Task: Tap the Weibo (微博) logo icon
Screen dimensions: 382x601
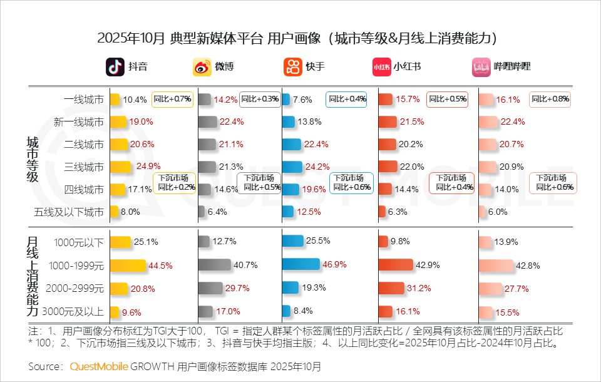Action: tap(202, 66)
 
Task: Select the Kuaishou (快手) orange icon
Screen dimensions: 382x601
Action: tap(293, 66)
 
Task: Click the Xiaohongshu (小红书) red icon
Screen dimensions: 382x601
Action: tap(381, 66)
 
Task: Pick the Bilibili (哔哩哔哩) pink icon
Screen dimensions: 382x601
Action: tap(481, 66)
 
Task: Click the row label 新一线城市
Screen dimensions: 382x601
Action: tap(79, 121)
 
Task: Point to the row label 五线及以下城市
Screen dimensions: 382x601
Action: tap(69, 212)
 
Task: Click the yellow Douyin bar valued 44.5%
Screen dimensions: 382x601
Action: tap(127, 265)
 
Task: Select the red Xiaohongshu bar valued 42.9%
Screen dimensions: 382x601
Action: tap(396, 265)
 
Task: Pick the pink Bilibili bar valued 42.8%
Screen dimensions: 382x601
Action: tap(496, 265)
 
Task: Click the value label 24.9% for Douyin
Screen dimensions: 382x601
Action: tap(148, 166)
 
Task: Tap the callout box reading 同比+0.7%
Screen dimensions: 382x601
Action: tap(173, 99)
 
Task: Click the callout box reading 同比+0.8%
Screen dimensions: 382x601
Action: tap(550, 99)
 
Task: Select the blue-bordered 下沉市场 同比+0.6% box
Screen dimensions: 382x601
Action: tap(351, 183)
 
